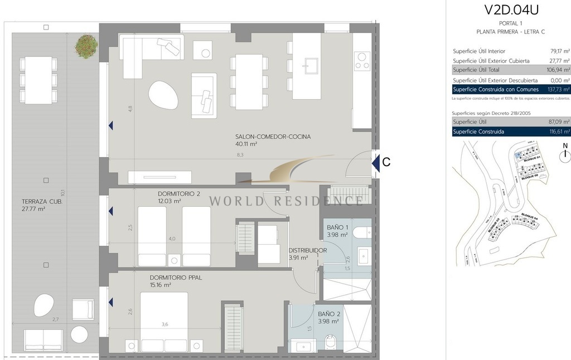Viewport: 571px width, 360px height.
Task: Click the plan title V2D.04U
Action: (x=511, y=9)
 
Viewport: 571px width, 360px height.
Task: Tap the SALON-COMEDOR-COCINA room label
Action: (x=273, y=137)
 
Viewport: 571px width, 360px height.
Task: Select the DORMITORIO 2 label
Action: (x=178, y=194)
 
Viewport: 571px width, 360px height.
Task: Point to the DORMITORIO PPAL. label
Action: (x=176, y=277)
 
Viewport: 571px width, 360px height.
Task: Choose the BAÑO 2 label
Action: (x=328, y=314)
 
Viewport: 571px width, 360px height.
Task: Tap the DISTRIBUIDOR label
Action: (x=307, y=251)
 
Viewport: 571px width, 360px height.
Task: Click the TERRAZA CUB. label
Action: (x=41, y=202)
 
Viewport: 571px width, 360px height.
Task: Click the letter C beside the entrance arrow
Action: (x=386, y=163)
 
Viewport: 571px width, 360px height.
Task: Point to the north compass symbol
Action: (x=565, y=150)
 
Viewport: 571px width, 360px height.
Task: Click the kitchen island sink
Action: (x=307, y=66)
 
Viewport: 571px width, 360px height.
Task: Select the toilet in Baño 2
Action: (x=330, y=341)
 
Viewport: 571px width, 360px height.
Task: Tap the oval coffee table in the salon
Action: (x=163, y=95)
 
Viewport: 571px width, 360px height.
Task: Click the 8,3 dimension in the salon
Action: (x=239, y=156)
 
